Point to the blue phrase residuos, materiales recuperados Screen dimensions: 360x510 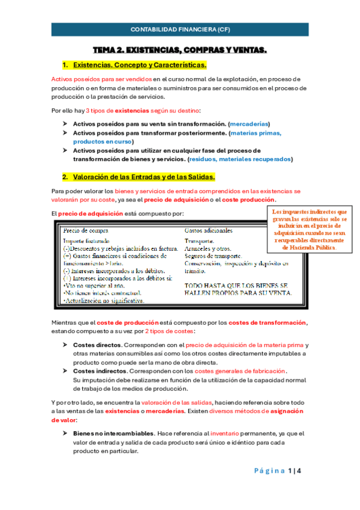[240, 159]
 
